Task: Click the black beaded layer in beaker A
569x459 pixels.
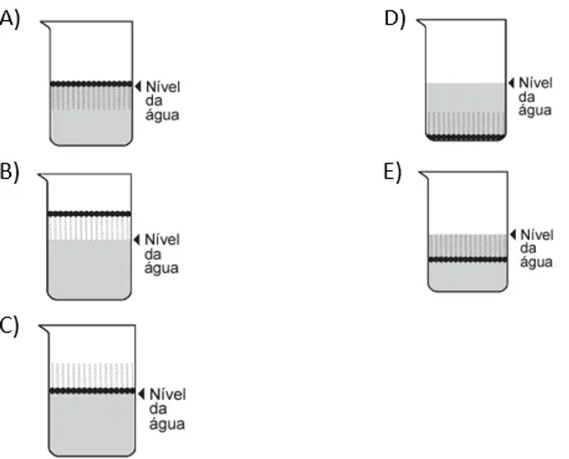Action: pos(91,84)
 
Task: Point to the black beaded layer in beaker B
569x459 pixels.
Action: pos(89,214)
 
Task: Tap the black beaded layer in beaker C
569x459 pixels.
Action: pos(92,391)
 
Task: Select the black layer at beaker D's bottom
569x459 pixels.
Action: pos(466,137)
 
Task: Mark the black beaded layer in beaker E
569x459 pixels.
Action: pos(468,260)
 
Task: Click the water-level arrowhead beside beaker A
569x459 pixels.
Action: pos(138,86)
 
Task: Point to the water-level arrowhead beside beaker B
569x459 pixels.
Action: pos(137,240)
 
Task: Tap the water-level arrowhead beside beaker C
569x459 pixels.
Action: pos(141,393)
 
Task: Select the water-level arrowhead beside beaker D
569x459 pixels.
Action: pos(511,83)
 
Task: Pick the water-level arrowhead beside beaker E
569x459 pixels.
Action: pos(513,234)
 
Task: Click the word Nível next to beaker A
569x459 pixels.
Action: pos(163,87)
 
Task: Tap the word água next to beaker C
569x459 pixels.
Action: pos(167,423)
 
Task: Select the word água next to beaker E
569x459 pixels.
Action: pos(536,262)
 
